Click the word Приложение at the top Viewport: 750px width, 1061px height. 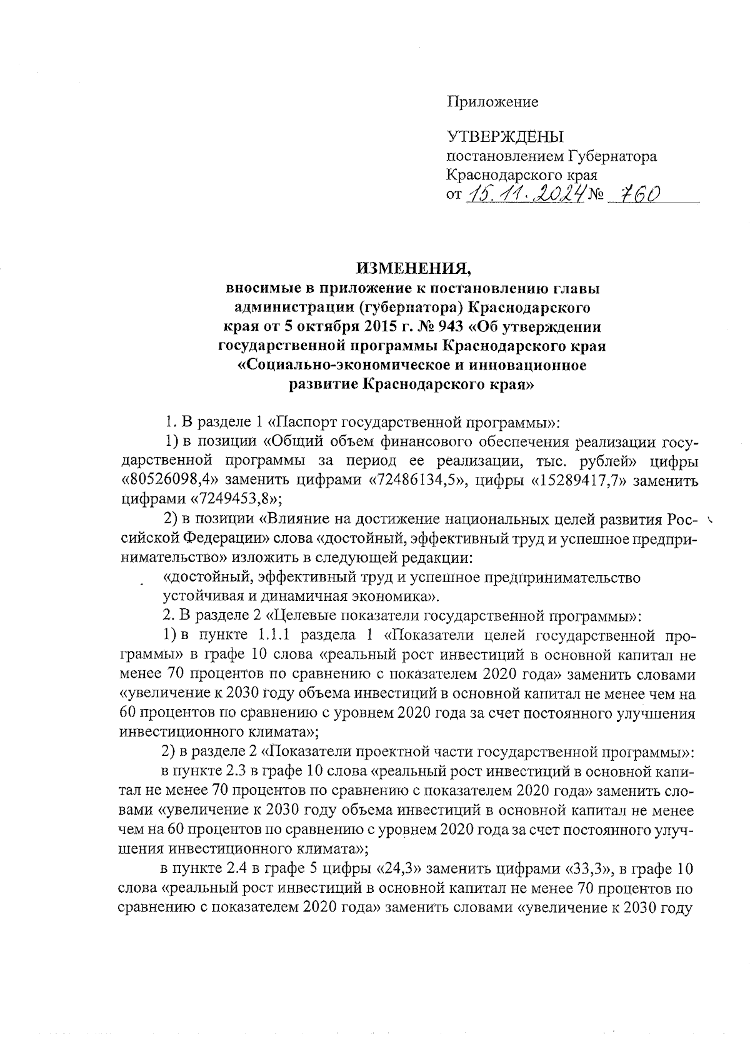pyautogui.click(x=492, y=102)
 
